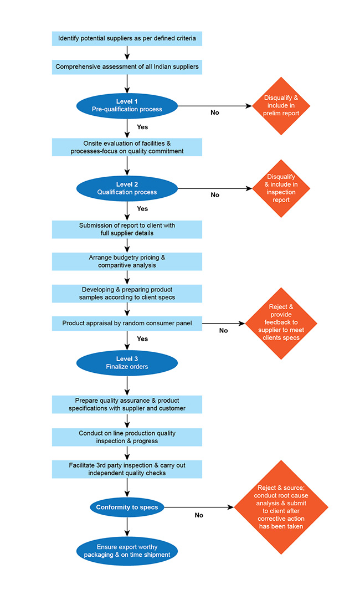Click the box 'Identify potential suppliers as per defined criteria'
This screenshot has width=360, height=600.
(127, 39)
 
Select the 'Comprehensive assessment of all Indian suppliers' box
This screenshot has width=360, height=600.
(127, 67)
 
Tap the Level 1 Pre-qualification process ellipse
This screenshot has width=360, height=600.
(127, 106)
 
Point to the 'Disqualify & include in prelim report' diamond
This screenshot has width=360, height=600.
(281, 106)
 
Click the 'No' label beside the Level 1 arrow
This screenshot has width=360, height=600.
(215, 112)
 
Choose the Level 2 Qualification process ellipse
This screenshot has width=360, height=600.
(127, 188)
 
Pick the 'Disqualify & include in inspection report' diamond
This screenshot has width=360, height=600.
(281, 188)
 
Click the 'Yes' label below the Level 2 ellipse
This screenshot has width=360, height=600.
(142, 208)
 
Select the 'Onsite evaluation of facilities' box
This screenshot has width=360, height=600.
(127, 147)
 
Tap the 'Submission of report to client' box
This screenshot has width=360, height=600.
(127, 229)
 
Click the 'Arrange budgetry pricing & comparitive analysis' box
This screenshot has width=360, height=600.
(127, 261)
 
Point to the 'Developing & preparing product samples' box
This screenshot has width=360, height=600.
(127, 294)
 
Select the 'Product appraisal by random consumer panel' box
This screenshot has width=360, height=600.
(127, 324)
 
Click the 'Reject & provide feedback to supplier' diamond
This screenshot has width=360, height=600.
(281, 324)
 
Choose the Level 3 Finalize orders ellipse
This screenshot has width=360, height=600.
(127, 363)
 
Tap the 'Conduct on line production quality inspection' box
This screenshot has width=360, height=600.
(127, 437)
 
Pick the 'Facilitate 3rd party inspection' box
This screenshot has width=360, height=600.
(127, 469)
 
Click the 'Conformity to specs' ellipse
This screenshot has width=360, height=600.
(127, 507)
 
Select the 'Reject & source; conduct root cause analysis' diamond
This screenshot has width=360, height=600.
(281, 507)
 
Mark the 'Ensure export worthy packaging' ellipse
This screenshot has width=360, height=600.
(127, 551)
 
